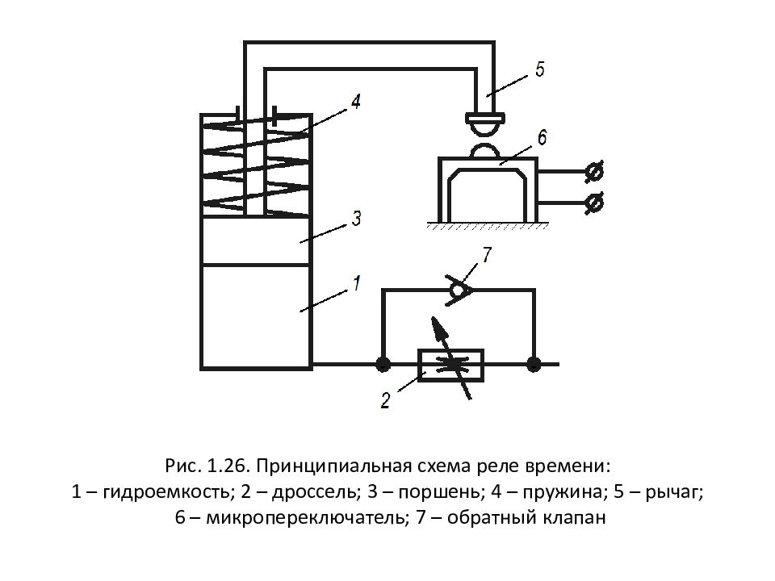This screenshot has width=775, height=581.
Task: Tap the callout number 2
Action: [385, 400]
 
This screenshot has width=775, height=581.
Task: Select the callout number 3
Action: [356, 219]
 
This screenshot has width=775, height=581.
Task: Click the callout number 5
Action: [538, 69]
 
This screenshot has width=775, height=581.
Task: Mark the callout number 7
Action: [486, 255]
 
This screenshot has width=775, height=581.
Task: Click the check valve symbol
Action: [459, 289]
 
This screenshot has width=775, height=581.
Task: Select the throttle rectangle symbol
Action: [449, 365]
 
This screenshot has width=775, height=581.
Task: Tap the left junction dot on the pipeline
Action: [383, 364]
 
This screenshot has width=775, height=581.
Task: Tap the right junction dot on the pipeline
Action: [533, 364]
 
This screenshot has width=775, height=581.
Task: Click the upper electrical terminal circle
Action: [595, 172]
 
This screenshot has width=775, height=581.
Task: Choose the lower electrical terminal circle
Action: [595, 203]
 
